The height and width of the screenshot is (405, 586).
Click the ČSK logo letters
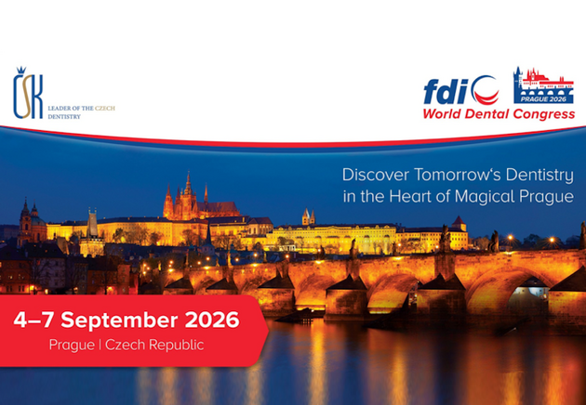coord(28,97)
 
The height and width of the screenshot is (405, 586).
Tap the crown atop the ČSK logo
coord(20,71)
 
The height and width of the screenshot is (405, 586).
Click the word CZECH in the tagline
coord(104,109)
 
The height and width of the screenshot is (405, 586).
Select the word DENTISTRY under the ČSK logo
coord(64,116)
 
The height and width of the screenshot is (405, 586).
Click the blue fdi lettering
coord(446,92)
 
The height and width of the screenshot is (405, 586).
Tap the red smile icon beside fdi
coord(486,91)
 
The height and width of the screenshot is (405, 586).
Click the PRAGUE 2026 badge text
coord(543,99)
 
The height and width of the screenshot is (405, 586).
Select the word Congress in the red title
coord(544,114)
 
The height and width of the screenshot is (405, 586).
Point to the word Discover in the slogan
coord(376,175)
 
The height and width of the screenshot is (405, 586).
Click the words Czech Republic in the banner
coord(154,345)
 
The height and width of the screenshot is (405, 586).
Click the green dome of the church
coord(37,220)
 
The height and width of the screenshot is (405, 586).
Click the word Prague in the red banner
coord(72,346)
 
